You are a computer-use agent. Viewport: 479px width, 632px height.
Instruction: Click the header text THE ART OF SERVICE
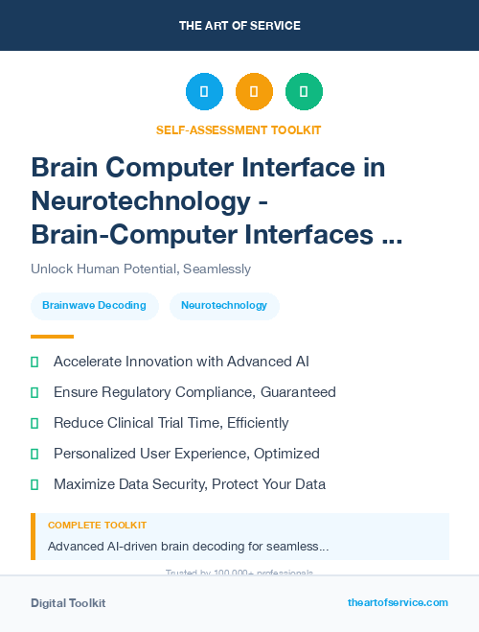239,25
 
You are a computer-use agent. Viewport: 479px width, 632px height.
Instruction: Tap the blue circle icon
204,92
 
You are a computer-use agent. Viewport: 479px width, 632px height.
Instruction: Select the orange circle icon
254,92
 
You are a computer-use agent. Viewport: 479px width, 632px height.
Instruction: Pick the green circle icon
304,92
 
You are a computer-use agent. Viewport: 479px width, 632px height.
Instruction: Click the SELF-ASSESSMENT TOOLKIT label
239,129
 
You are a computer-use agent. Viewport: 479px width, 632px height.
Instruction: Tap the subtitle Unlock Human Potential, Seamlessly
141,269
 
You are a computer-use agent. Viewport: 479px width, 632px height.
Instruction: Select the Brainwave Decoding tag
94,306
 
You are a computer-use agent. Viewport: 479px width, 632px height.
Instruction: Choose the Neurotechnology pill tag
224,306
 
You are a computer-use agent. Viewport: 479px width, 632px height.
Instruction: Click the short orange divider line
52,337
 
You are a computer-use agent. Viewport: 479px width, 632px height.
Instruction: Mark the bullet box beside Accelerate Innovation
34,362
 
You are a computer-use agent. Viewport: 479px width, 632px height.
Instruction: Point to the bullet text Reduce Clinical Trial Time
171,423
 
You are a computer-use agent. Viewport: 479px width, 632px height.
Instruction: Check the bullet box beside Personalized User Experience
34,454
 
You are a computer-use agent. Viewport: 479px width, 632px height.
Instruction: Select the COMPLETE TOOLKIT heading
97,526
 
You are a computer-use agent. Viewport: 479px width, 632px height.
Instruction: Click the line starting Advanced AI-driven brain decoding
188,547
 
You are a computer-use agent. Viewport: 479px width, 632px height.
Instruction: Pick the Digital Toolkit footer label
68,603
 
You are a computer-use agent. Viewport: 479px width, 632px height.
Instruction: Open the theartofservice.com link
398,602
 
